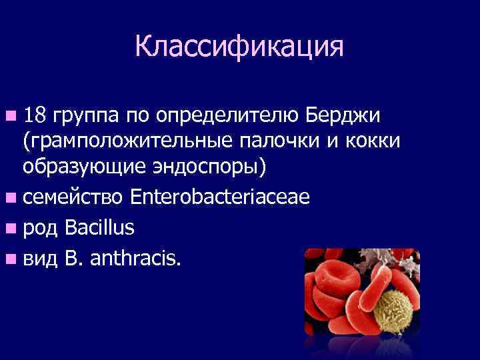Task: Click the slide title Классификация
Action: [239, 47]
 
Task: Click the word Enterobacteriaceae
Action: [220, 197]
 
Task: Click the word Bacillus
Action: [100, 228]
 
